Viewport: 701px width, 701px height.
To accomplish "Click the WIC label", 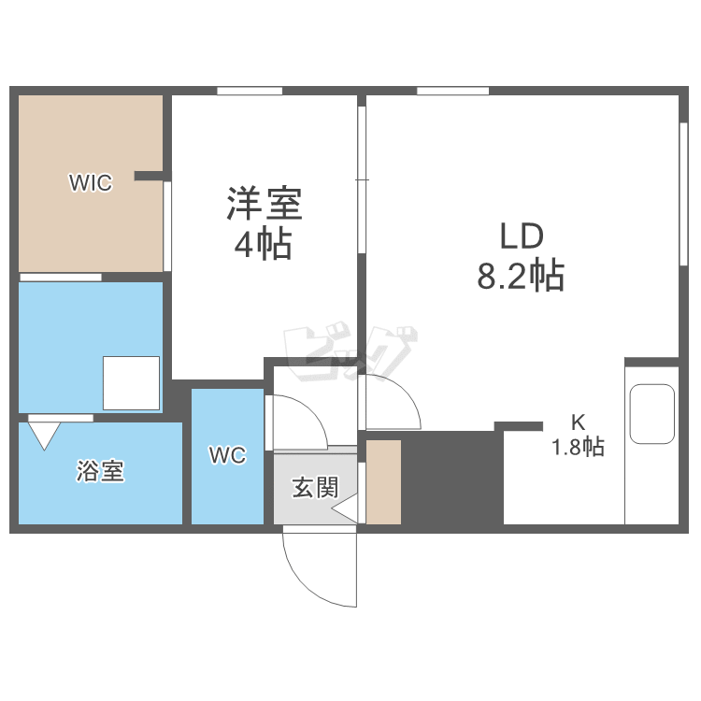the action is pyautogui.click(x=91, y=182).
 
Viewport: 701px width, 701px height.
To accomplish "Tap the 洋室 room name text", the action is pyautogui.click(x=265, y=204).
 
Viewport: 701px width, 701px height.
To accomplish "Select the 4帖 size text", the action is pyautogui.click(x=264, y=244).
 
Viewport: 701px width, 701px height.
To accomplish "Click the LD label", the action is pyautogui.click(x=522, y=236).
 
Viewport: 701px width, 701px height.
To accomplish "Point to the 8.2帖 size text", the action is pyautogui.click(x=521, y=276).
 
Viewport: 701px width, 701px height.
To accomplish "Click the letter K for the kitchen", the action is pyautogui.click(x=578, y=422).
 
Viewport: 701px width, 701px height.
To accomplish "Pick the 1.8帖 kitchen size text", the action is pyautogui.click(x=578, y=447).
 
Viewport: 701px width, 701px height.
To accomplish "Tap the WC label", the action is pyautogui.click(x=227, y=455).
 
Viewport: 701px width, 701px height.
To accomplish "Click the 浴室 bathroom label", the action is pyautogui.click(x=100, y=471).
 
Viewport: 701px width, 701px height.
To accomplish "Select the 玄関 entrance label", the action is pyautogui.click(x=315, y=487).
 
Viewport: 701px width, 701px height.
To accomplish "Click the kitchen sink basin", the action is pyautogui.click(x=651, y=413).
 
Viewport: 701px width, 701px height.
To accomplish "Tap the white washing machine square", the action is pyautogui.click(x=131, y=382).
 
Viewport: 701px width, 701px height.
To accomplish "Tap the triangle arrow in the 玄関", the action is pyautogui.click(x=344, y=508).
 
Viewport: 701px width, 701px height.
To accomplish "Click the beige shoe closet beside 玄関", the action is pyautogui.click(x=383, y=482).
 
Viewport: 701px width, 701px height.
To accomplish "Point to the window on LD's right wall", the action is pyautogui.click(x=683, y=194).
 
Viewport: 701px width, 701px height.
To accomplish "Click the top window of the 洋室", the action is pyautogui.click(x=250, y=91).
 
